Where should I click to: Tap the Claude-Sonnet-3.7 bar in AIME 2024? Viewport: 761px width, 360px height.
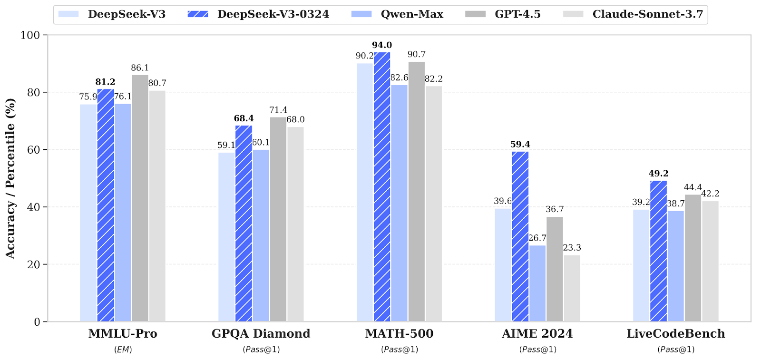point(572,288)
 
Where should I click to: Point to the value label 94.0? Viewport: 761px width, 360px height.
point(382,45)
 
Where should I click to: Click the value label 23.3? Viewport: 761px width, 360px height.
point(572,248)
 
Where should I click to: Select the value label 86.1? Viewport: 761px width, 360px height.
point(140,68)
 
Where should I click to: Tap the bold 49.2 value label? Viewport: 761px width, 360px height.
point(658,174)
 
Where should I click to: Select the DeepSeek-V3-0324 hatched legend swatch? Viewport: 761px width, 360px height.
point(198,14)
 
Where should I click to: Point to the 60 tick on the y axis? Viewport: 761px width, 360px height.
point(34,150)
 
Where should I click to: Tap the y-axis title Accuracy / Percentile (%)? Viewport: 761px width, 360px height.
point(10,178)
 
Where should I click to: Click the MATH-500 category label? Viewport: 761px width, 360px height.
point(399,334)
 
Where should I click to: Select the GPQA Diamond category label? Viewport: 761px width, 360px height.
point(261,334)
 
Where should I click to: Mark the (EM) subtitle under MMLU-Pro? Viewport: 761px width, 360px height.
point(123,350)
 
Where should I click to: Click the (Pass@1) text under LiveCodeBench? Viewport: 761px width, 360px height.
point(676,350)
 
